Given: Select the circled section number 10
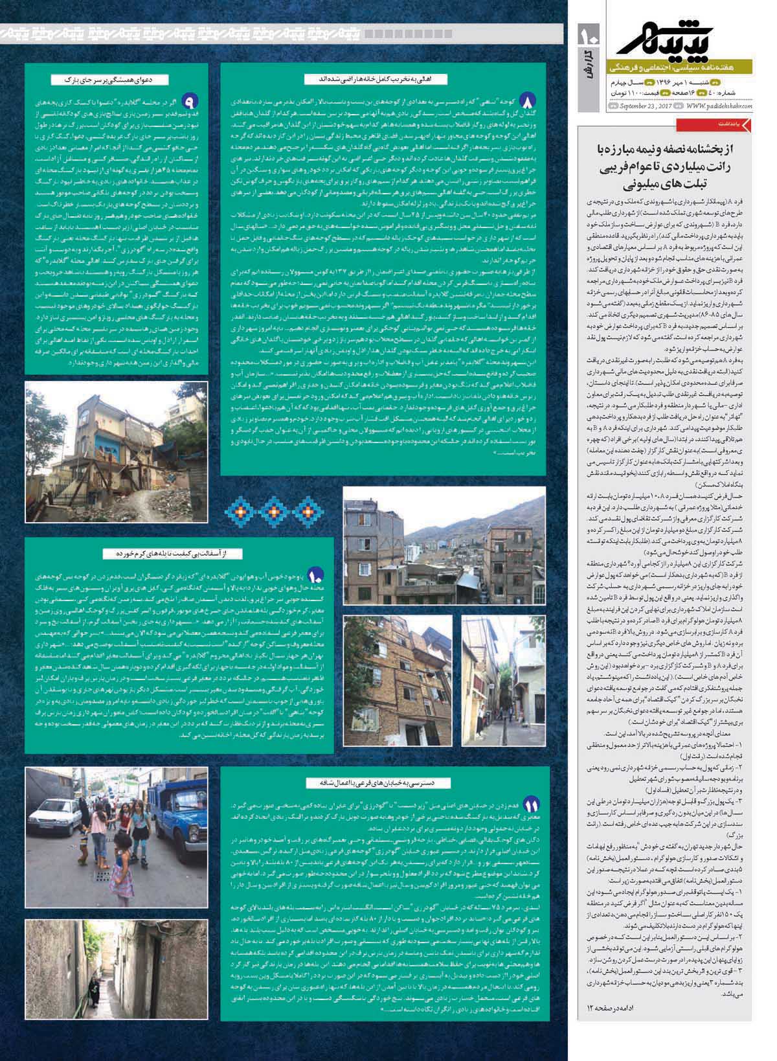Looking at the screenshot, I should click(x=316, y=575).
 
